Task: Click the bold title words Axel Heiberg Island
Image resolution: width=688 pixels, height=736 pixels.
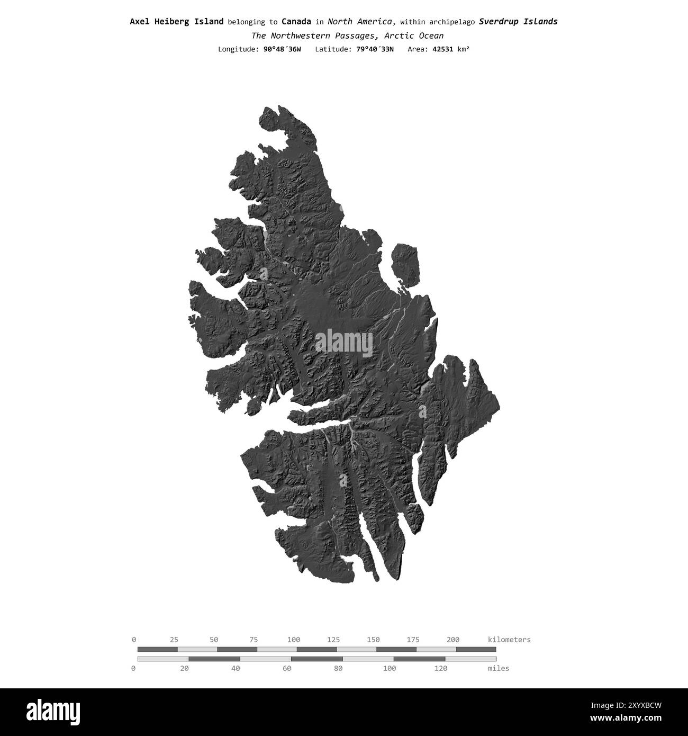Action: pyautogui.click(x=176, y=22)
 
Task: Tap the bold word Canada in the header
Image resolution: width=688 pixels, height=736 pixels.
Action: pyautogui.click(x=296, y=22)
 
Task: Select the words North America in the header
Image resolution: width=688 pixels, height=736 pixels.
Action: pyautogui.click(x=360, y=22)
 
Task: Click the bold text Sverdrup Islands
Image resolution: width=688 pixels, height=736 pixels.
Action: pyautogui.click(x=518, y=22)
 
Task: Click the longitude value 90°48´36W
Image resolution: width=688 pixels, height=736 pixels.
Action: pyautogui.click(x=282, y=49)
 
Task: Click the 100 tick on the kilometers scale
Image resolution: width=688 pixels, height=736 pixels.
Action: pyautogui.click(x=294, y=640)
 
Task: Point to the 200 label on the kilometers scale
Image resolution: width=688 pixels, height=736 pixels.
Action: pyautogui.click(x=453, y=640)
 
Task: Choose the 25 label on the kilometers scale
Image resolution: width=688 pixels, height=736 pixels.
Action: pyautogui.click(x=174, y=640)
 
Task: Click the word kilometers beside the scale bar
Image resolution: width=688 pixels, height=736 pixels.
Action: pyautogui.click(x=509, y=640)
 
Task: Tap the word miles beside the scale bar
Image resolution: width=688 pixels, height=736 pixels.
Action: pyautogui.click(x=499, y=668)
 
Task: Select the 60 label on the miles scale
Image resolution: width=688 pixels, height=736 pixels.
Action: pyautogui.click(x=287, y=668)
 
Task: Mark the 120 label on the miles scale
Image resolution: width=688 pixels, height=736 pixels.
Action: pyautogui.click(x=440, y=668)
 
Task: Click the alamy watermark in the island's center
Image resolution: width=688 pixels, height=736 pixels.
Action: pyautogui.click(x=344, y=343)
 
